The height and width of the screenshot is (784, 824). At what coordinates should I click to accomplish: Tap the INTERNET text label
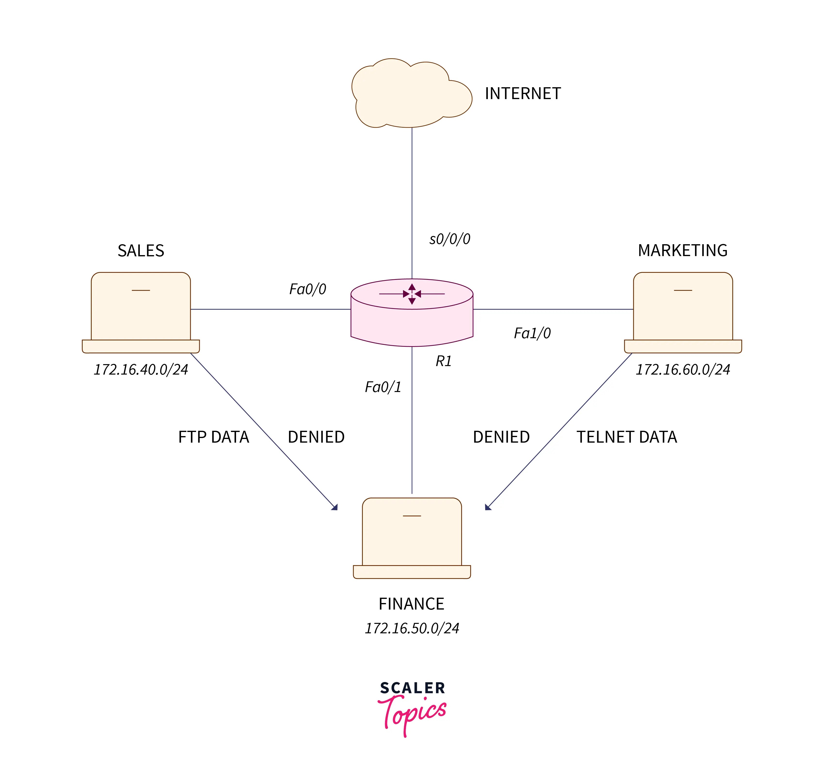click(x=523, y=94)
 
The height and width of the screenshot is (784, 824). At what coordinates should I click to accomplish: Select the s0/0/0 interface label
click(x=450, y=239)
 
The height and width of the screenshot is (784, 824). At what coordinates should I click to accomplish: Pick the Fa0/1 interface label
click(x=383, y=387)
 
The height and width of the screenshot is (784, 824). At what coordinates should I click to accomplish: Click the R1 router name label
click(x=444, y=361)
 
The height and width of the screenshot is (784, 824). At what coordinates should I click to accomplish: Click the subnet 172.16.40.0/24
click(x=141, y=369)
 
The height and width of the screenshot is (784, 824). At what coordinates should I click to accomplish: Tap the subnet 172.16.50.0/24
click(x=412, y=628)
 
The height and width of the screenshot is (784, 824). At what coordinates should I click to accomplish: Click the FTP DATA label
click(x=213, y=437)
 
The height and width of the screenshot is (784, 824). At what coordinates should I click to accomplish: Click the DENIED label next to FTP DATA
click(x=316, y=437)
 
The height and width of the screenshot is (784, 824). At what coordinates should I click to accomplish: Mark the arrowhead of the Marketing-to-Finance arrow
click(x=487, y=507)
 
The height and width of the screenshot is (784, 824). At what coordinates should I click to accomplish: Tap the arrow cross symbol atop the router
click(x=412, y=294)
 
